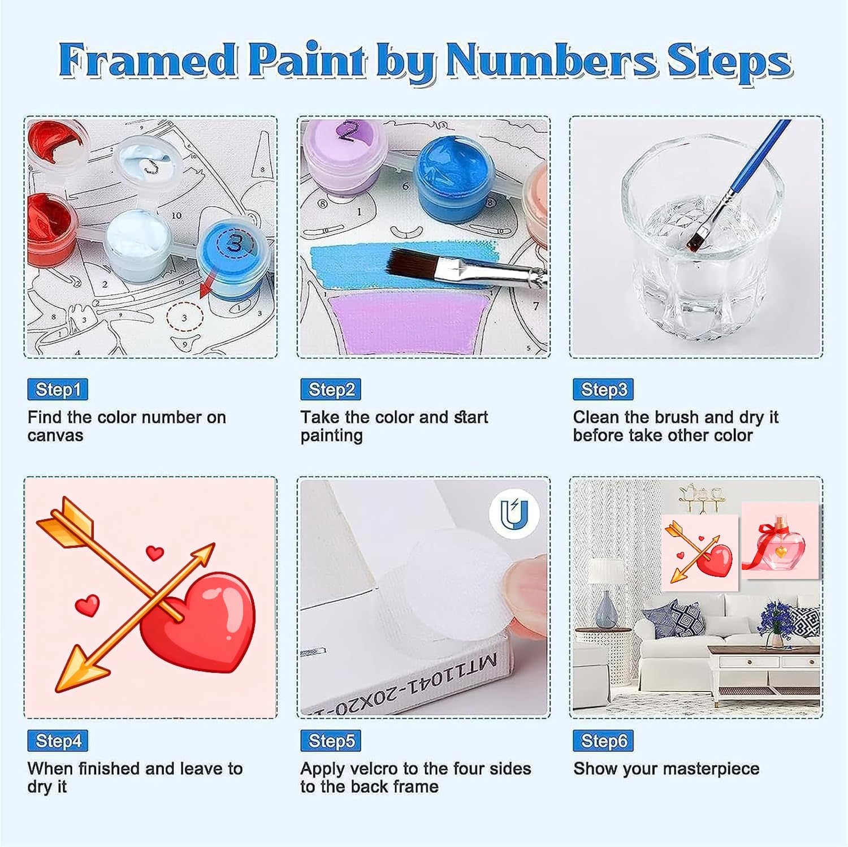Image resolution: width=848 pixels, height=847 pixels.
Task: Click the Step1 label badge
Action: point(58,390)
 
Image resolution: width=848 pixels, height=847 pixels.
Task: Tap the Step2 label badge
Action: point(331,390)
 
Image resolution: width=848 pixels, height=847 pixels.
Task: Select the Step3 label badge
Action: point(603,390)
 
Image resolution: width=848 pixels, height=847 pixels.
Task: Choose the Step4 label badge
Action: point(58,741)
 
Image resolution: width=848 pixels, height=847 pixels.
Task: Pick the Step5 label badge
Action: point(331,741)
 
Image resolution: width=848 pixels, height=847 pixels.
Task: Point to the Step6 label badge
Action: point(603,741)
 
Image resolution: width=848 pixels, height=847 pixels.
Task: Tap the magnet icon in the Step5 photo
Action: point(514,513)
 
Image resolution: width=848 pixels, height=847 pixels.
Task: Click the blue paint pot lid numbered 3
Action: point(233,244)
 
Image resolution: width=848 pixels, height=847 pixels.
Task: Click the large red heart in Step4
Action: point(198,622)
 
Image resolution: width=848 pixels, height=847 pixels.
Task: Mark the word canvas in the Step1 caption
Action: point(55,436)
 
